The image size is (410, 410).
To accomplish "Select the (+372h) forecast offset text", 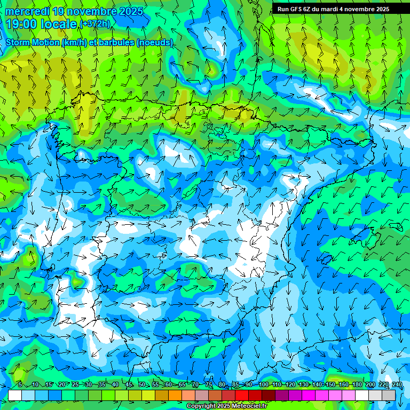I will click(95, 23).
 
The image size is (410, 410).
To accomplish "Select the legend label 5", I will click(20, 384).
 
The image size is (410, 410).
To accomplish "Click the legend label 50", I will click(142, 384).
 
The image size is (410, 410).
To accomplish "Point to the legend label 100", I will click(263, 384).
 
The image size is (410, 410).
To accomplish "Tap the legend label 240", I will click(397, 384).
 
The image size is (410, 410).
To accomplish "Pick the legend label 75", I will click(209, 384).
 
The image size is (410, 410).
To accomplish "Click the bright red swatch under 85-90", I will click(242, 395).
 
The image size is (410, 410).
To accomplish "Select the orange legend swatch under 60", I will click(175, 395).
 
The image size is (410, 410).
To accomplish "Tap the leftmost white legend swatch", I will click(15, 395).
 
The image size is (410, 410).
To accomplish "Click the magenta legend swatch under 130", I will click(309, 395).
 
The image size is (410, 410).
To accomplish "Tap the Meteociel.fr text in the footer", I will click(249, 406).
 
